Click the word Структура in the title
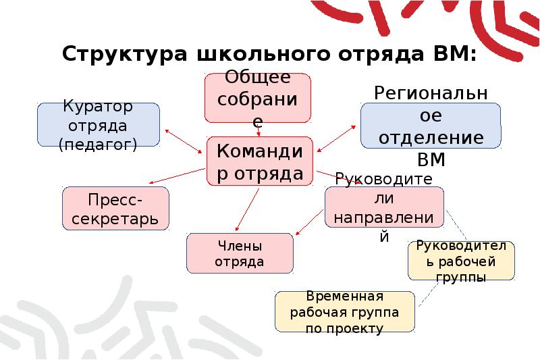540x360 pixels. click(x=124, y=53)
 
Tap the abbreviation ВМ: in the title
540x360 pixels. click(x=452, y=53)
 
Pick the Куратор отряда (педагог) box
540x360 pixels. click(x=99, y=125)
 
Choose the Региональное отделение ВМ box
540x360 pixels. click(x=431, y=126)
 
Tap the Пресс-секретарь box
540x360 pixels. click(x=115, y=208)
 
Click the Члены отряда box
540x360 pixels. click(x=240, y=253)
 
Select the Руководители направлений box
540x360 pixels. click(x=384, y=207)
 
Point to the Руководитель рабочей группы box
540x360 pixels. click(x=461, y=261)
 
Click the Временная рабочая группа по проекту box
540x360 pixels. click(x=345, y=312)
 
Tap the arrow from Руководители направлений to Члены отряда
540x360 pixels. click(x=310, y=223)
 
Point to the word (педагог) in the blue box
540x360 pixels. click(x=98, y=144)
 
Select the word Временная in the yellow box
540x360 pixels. click(x=344, y=297)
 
